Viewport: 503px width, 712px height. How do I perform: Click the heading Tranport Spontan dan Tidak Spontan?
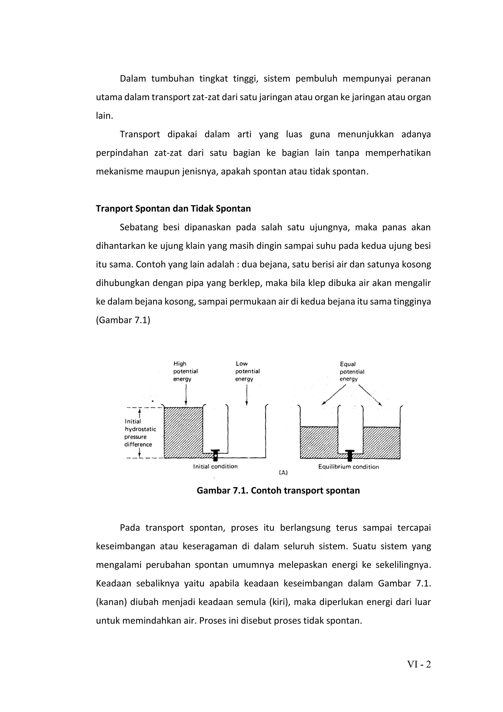coord(173,208)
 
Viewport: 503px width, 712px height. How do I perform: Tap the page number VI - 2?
coord(419,664)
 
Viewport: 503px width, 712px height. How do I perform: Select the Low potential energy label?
coord(247,371)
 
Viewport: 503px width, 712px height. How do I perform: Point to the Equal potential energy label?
coord(351,371)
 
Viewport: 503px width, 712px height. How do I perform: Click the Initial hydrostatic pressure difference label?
coord(140,433)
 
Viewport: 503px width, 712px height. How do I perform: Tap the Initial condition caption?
coord(215,466)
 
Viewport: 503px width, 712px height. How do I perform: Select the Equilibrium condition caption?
coord(348,467)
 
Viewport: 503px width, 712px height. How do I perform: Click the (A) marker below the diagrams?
coord(283,473)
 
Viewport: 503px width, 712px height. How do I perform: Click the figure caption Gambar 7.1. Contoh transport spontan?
coord(278,491)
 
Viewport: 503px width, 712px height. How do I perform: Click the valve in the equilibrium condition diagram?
coord(350,455)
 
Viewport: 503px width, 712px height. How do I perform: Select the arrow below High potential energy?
coord(186,395)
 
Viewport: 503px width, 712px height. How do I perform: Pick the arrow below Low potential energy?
coord(246,395)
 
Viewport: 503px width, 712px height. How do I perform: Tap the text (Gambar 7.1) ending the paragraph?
coord(123,320)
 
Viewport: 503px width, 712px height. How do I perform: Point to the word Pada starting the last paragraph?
coord(130,528)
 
